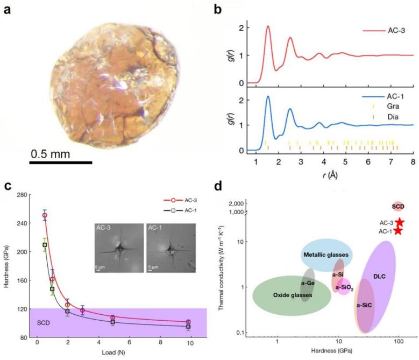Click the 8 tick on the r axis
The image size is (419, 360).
(413, 161)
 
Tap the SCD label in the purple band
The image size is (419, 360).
(44, 323)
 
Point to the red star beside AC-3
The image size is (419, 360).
(400, 222)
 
